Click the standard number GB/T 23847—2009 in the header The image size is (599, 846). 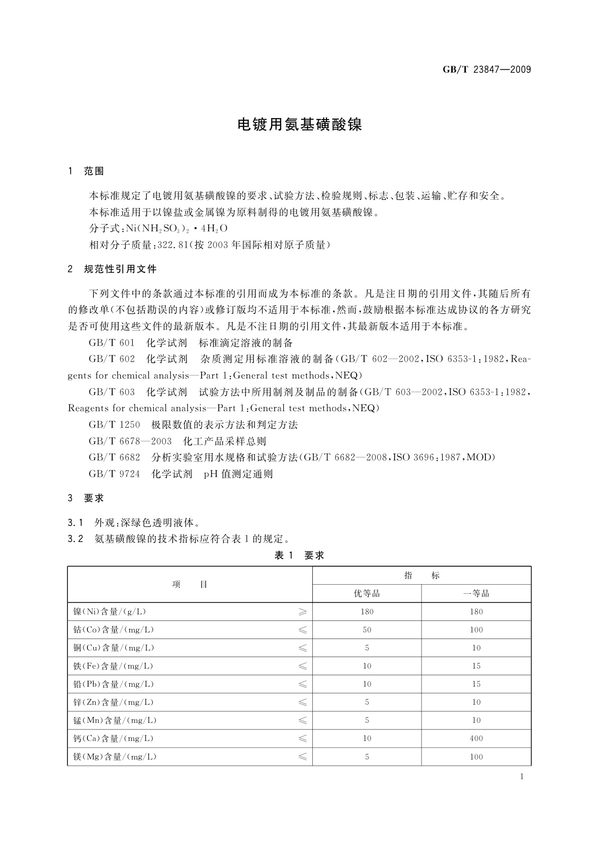tap(486, 70)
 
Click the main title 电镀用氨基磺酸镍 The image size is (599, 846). tap(299, 125)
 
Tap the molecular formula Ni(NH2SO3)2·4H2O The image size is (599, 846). tap(177, 229)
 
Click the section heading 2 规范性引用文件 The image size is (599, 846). tap(113, 269)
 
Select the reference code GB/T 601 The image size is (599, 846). tap(112, 343)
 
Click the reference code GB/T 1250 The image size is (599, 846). tap(114, 425)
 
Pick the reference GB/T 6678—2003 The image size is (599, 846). tap(130, 442)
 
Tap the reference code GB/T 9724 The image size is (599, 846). tap(114, 474)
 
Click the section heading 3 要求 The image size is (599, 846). tap(86, 498)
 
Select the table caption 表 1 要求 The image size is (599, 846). tap(299, 555)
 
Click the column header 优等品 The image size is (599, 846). tap(367, 594)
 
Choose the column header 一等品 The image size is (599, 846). tap(476, 594)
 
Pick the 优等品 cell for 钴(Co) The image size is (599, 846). tap(367, 630)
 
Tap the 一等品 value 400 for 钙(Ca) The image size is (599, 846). tap(476, 738)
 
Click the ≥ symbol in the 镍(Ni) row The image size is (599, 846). tap(302, 612)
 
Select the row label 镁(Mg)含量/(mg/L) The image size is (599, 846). tap(115, 757)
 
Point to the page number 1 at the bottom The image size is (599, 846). tap(522, 777)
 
